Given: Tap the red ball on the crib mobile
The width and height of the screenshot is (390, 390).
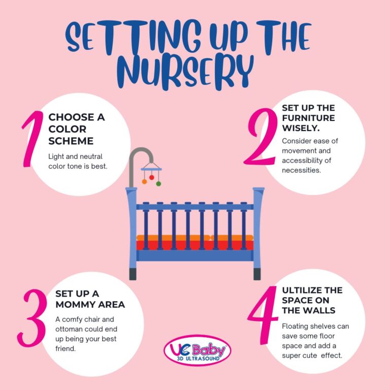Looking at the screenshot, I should click(x=151, y=177).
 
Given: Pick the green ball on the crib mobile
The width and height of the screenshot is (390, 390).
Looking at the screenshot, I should click(x=158, y=183).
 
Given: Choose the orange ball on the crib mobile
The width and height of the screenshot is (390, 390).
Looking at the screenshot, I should click(x=144, y=181).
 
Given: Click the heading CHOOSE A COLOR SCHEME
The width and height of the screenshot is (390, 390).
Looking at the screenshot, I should click(x=76, y=129).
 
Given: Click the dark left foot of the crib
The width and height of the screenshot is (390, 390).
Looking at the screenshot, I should click(x=133, y=274).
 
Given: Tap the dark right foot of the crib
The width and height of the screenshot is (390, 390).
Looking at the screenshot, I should click(x=258, y=274).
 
